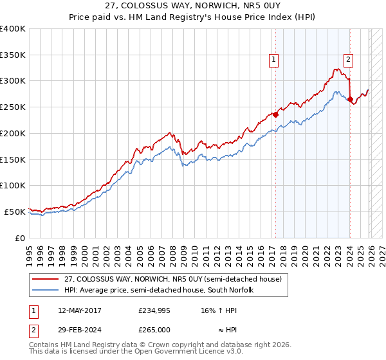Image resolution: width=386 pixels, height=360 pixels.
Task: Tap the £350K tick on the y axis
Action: point(13,55)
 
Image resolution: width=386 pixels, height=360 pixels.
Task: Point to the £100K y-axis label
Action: point(13,186)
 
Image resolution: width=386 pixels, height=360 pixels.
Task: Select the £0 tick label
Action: point(19,238)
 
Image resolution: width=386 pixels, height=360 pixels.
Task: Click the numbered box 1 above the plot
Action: point(274,60)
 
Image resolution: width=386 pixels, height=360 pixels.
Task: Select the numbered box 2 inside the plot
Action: point(348,60)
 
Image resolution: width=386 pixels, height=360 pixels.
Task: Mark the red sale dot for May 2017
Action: point(275,115)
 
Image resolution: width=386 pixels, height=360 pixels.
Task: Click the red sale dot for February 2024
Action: point(350,100)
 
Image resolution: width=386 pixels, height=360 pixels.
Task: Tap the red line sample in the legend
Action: point(46,280)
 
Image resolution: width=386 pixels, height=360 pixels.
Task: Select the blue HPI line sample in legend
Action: point(46,290)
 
